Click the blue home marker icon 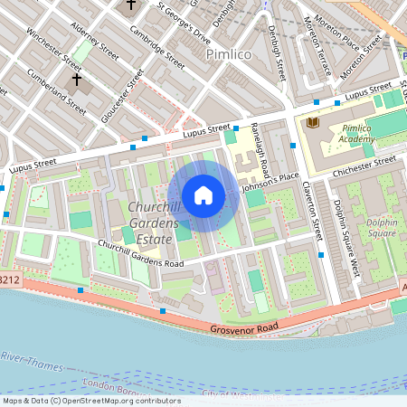pos(203,194)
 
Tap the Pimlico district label pos(231,54)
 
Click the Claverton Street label pos(313,207)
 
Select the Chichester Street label pos(359,161)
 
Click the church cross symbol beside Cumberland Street pos(76,80)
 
